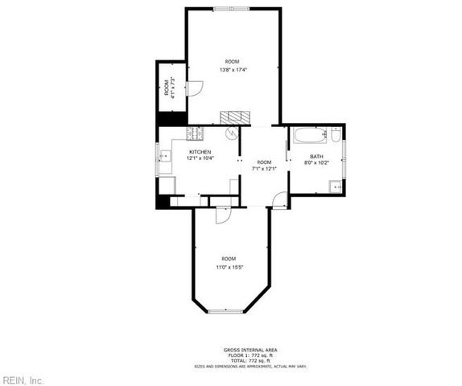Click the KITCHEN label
click(x=200, y=151)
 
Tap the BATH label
click(x=316, y=156)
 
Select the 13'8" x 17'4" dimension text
click(x=233, y=70)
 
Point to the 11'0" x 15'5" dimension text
click(x=229, y=267)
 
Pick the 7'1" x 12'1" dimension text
click(x=264, y=169)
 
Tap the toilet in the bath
click(x=336, y=134)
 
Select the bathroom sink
click(x=335, y=187)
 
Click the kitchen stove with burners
click(x=196, y=133)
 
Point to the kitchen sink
click(x=164, y=155)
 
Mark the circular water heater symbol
click(x=230, y=133)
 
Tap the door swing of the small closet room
click(x=194, y=88)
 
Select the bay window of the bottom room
click(x=226, y=310)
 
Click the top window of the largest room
click(x=231, y=8)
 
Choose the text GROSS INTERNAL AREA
click(x=250, y=350)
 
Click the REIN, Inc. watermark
click(x=23, y=380)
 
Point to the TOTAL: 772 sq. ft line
click(x=250, y=361)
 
